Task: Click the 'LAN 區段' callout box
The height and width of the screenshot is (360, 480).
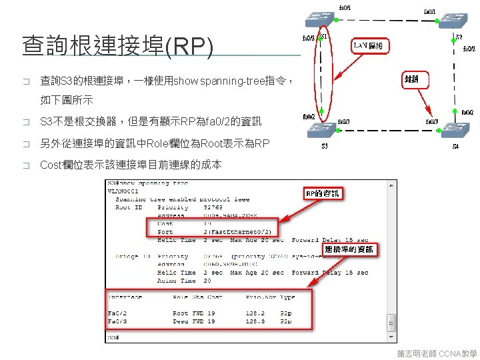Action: tap(371, 45)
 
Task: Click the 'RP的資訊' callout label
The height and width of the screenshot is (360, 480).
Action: tap(323, 193)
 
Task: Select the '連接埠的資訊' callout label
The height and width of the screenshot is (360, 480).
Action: tap(349, 250)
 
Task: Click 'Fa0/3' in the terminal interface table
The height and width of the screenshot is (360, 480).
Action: tap(117, 321)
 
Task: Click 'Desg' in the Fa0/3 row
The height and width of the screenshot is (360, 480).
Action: tap(181, 321)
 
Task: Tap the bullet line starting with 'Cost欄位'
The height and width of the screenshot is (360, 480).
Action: tap(131, 164)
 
